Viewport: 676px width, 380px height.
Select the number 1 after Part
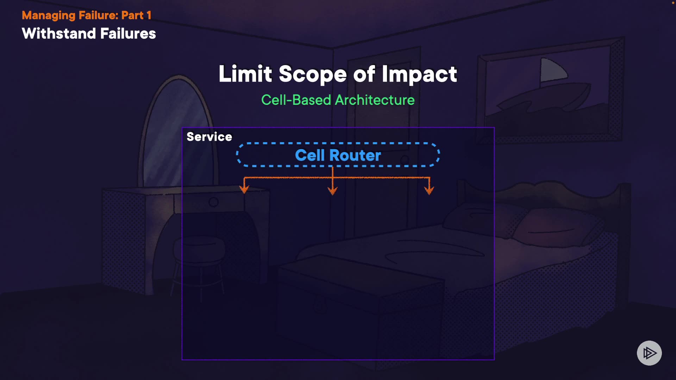coord(149,15)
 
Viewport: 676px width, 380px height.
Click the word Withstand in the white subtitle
coord(59,34)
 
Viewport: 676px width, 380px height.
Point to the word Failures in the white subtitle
coord(128,34)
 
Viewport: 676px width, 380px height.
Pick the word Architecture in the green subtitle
coord(375,100)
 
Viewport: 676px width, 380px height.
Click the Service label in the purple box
coord(209,137)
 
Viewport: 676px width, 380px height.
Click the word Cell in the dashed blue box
coord(309,155)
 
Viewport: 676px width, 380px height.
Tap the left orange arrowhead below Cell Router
coord(244,190)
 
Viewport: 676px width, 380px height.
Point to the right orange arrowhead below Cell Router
coord(429,190)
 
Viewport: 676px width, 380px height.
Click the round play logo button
coord(649,353)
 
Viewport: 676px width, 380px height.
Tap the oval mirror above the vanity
coord(178,134)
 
